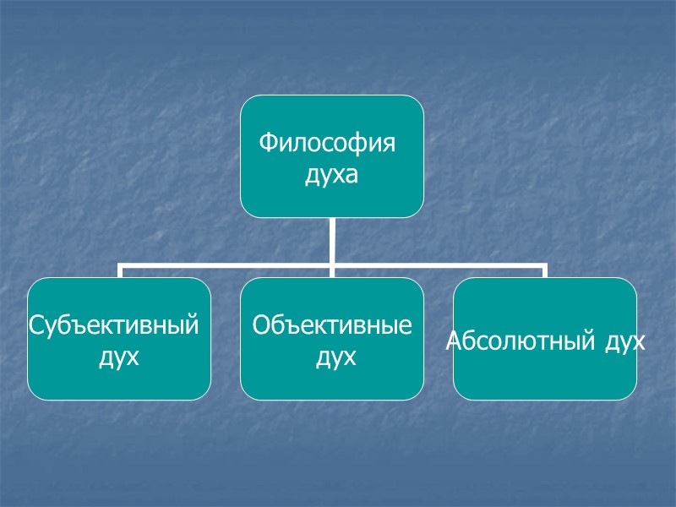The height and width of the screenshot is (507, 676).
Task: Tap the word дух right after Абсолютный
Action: pos(624,341)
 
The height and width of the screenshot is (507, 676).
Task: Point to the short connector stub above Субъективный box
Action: pos(119,271)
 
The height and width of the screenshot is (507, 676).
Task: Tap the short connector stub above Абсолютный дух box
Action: pos(545,271)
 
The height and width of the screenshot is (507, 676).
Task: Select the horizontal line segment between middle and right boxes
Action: pos(439,267)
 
